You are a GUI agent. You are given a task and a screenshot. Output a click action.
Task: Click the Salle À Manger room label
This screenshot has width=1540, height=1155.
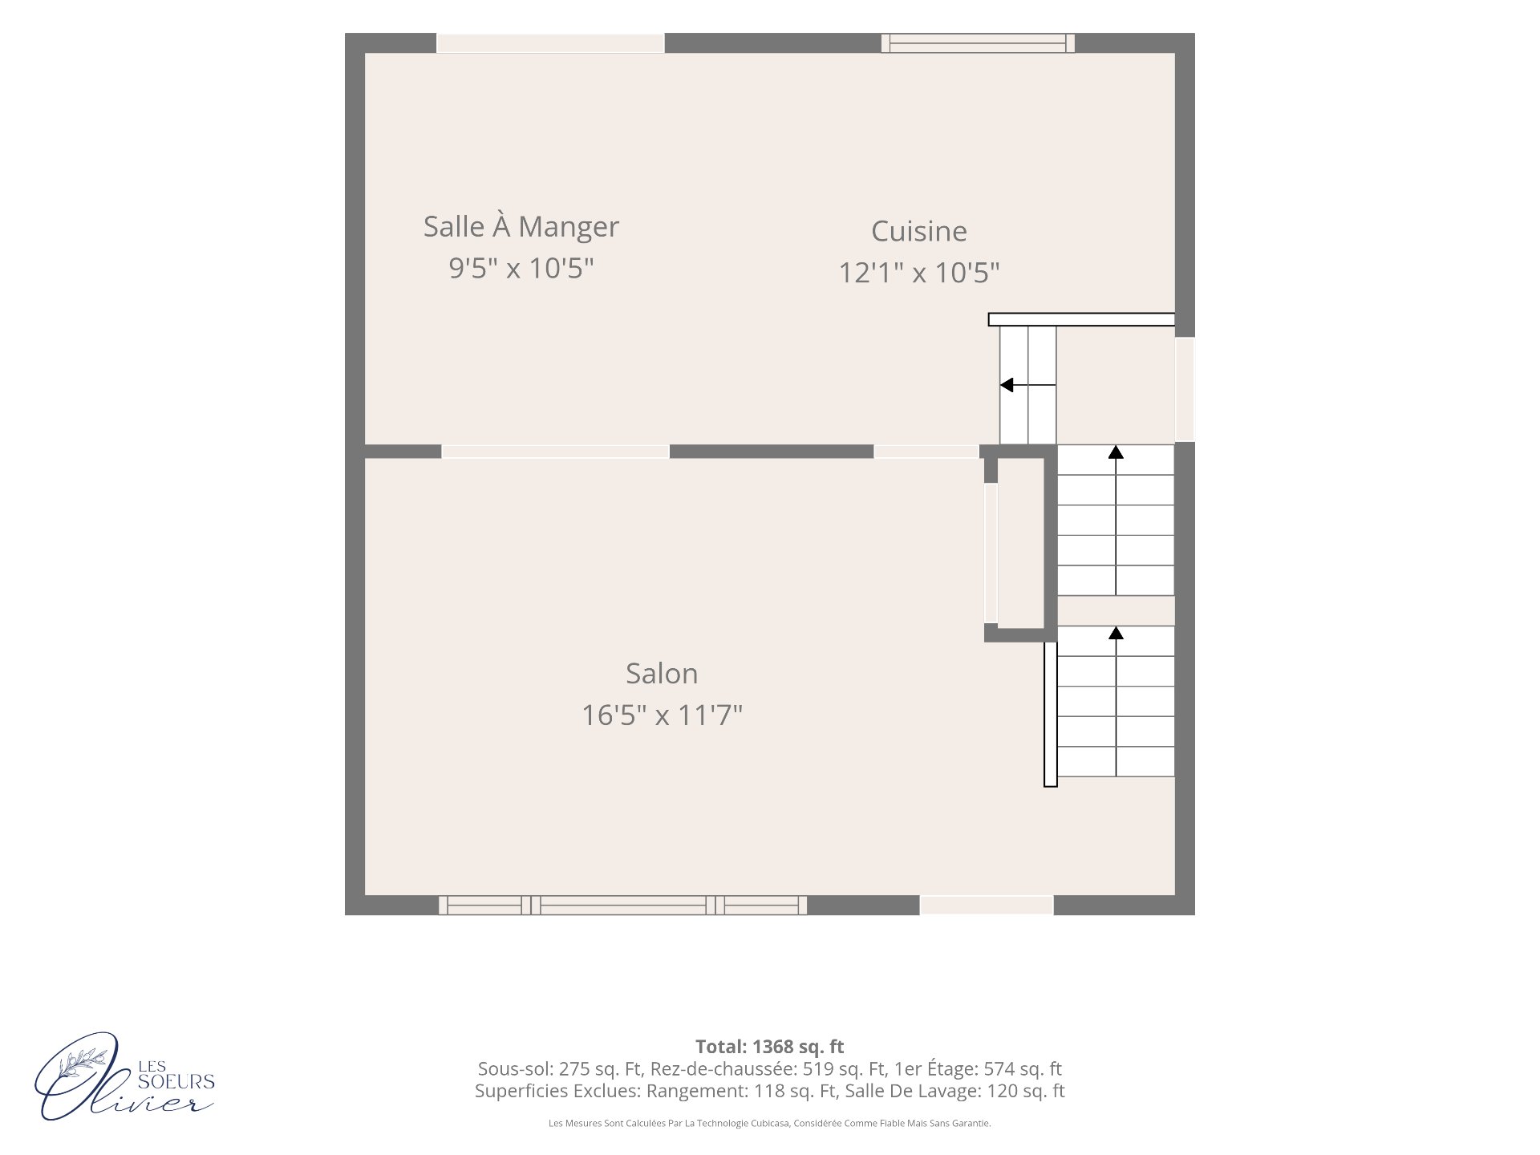coord(521,227)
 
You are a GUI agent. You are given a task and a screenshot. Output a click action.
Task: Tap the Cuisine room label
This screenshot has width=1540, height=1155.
coord(919,231)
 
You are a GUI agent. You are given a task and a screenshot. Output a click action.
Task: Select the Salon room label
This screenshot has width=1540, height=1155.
coord(662,674)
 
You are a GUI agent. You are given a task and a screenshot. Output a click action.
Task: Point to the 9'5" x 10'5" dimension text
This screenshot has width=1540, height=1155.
coord(521,268)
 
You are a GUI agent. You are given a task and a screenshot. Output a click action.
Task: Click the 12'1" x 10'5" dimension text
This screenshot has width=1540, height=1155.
coord(919,273)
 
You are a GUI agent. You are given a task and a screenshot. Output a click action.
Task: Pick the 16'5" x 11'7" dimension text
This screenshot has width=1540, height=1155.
coord(662,715)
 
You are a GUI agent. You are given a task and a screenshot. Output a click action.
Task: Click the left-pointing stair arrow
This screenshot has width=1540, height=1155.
coord(1027,385)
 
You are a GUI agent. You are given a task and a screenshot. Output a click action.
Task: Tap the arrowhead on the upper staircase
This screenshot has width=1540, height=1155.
coord(1116,452)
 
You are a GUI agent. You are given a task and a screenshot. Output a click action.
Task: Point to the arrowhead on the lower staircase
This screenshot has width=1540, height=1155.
coord(1116,633)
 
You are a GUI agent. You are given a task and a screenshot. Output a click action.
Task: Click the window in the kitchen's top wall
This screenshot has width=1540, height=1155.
coord(978,43)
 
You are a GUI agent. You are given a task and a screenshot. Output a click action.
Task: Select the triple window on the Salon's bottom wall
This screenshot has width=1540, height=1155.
coord(623,906)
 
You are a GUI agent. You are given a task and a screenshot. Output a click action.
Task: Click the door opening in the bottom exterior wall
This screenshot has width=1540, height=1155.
coord(987,906)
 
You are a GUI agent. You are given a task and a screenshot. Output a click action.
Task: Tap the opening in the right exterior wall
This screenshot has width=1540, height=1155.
coord(1185,389)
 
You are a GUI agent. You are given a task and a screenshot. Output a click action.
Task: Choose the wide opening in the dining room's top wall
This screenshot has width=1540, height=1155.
coord(550,43)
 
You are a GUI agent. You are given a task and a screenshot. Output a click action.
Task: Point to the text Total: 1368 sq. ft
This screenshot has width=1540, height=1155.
coord(770,1047)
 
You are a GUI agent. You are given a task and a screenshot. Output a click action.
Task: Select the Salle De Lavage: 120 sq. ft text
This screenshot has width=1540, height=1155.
coord(955,1091)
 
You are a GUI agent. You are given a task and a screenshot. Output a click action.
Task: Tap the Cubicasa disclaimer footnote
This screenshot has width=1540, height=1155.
coord(770,1124)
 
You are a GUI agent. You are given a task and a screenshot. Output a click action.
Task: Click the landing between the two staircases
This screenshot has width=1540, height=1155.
coord(1116,610)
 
